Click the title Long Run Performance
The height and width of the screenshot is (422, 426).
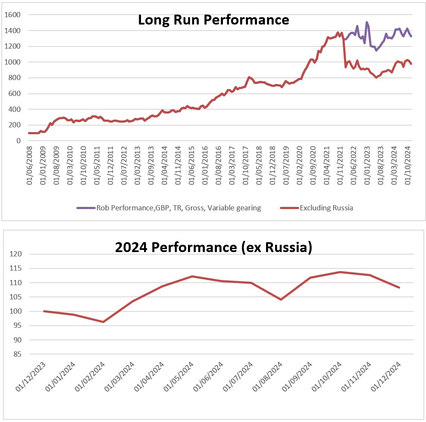[213, 20]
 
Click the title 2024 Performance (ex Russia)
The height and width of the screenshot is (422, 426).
[213, 247]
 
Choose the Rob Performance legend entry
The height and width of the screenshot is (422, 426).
[179, 208]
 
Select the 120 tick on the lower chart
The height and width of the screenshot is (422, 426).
[16, 254]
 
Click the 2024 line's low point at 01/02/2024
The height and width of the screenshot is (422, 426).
[103, 322]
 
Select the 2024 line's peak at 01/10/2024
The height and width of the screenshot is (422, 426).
[340, 272]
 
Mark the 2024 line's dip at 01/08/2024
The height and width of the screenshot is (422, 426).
[281, 299]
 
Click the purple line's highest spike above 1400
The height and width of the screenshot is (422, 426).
[367, 22]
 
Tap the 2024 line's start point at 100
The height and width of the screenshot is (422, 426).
[44, 311]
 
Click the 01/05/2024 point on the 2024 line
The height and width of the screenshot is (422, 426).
[192, 276]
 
